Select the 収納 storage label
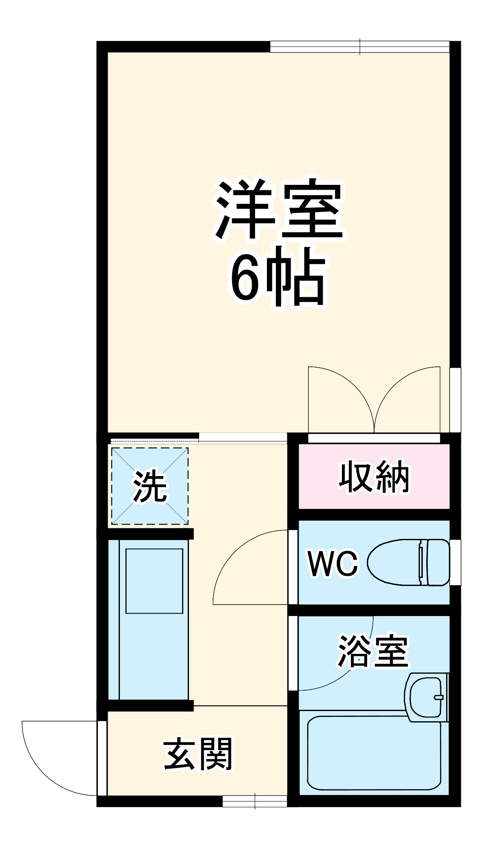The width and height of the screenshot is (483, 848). (374, 477)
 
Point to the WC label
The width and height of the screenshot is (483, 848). (333, 563)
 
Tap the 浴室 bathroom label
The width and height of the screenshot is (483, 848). (373, 651)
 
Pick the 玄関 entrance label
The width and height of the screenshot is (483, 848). (198, 754)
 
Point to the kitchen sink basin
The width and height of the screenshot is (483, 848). (154, 581)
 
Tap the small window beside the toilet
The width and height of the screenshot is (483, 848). (455, 562)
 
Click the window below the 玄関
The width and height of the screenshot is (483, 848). (255, 801)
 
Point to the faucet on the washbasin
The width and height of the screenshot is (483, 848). (438, 697)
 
